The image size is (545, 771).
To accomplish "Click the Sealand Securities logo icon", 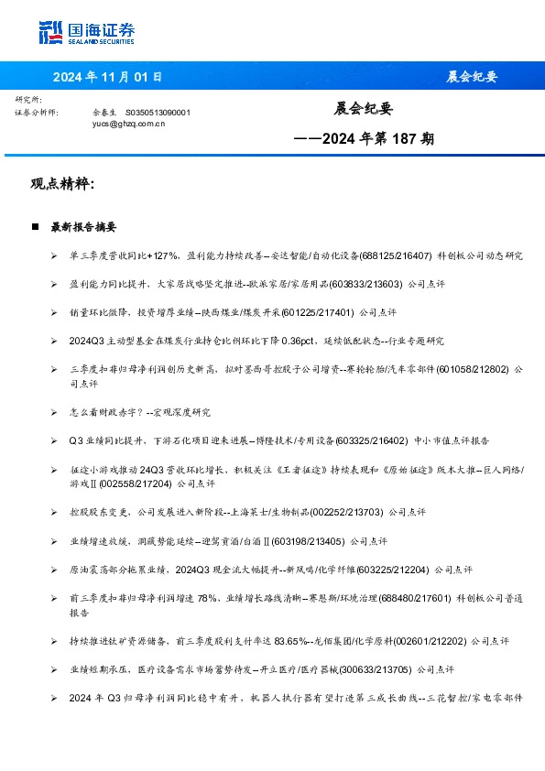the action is (51, 32).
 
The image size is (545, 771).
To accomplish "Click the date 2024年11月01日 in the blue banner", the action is (107, 76).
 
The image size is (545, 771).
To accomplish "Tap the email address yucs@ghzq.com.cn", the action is (129, 122).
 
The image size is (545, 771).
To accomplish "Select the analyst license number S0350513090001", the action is (158, 112).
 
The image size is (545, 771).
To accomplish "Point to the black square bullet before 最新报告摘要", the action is (35, 226).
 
